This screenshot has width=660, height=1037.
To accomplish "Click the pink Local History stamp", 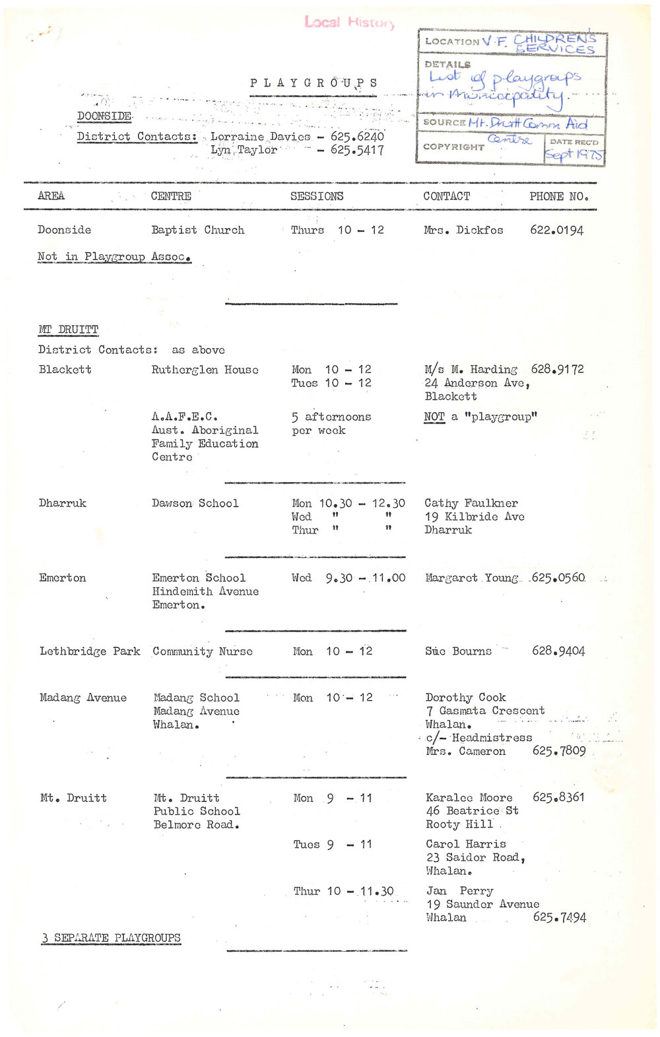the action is coord(349,22).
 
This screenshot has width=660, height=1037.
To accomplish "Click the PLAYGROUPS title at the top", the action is coord(313,83).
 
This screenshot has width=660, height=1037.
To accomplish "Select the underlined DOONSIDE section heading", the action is coord(104,116).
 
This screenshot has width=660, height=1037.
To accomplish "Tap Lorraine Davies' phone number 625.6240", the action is coord(357,137).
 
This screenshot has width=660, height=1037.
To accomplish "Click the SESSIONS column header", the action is coord(317,196).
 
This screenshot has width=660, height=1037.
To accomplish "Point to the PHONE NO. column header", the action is coord(558,196).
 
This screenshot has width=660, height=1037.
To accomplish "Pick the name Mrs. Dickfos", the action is coord(463,230).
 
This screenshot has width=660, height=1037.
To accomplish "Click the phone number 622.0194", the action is coord(556,230).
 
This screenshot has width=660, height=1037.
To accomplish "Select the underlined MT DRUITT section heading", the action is coord(68,330).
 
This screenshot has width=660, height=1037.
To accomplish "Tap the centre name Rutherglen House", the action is coord(205,370).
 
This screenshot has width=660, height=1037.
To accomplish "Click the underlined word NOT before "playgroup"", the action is coord(434,417).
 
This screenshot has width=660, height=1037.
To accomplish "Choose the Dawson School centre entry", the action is coord(195,503).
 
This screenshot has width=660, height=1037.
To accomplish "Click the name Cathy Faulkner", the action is coord(471,503).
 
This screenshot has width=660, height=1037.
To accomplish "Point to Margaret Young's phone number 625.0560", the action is coord(558,578).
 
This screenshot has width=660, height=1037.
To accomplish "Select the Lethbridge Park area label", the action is coord(90,651).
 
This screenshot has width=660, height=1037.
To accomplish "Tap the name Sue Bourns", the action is coord(458,651).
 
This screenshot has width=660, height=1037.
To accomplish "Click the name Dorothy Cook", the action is coord(465,697).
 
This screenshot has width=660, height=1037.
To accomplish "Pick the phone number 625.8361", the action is coord(558,797).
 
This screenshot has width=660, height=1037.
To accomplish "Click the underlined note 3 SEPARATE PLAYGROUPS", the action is coord(111,938).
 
